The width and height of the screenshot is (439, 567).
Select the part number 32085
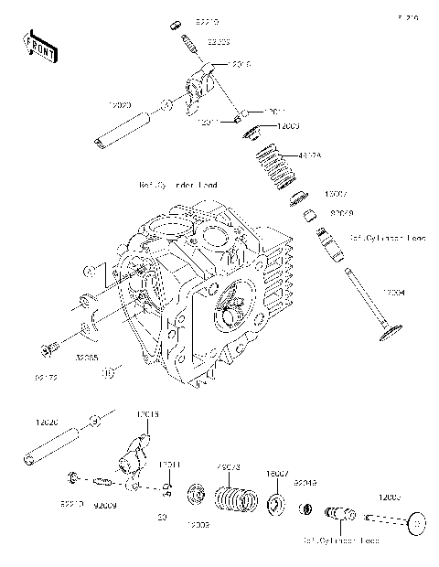point(88,359)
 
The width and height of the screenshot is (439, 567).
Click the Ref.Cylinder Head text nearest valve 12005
point(341,540)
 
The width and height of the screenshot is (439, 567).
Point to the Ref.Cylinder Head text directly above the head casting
point(178,185)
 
